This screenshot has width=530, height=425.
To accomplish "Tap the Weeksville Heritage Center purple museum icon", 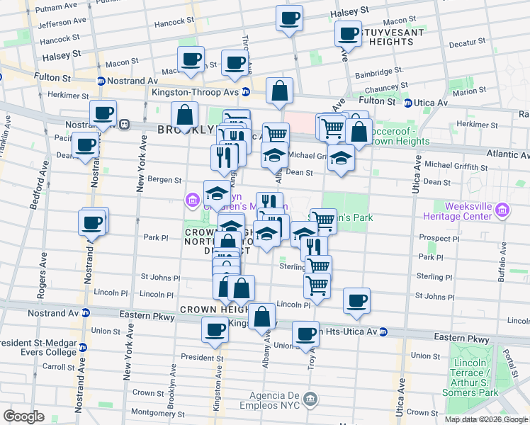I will pos(503,209).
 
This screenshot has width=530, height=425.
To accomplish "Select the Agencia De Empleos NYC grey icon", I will pos(310,400).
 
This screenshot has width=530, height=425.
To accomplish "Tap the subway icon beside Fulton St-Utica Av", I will pos(408,103).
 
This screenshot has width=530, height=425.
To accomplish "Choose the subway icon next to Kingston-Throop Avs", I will pos(245,91).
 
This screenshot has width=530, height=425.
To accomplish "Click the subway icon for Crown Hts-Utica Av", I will pos(383,331).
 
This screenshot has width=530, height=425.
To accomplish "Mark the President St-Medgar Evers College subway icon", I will pos(83,347).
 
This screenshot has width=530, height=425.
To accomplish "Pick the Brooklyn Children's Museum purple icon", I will pos(192,201).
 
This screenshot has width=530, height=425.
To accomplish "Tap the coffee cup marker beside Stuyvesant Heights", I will pos(349,33).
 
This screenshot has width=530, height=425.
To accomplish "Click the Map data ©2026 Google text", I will pos(486,419).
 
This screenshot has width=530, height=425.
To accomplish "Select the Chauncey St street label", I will pos(394,86).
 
